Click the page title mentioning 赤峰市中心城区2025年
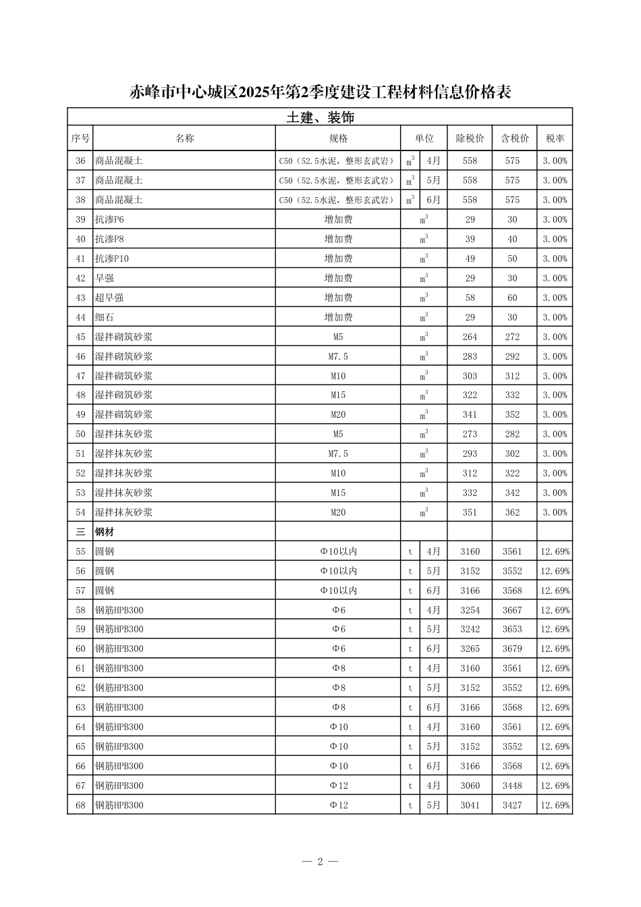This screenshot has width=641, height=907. [x=320, y=92]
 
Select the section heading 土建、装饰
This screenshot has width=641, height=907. [x=320, y=117]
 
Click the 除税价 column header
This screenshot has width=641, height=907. [x=470, y=138]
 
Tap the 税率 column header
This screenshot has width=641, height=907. [x=555, y=138]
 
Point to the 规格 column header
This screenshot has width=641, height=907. [x=338, y=138]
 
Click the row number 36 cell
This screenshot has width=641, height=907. [x=80, y=161]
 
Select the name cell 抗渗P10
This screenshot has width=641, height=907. [x=112, y=258]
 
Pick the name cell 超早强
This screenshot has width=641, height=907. [x=109, y=298]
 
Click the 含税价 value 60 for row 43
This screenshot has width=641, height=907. [x=512, y=298]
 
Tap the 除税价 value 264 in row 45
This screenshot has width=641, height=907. [x=470, y=337]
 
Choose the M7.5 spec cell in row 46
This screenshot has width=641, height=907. [x=338, y=356]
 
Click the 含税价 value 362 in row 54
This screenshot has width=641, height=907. [x=512, y=512]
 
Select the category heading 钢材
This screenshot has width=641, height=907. [x=105, y=532]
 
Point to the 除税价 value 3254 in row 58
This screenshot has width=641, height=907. [x=470, y=610]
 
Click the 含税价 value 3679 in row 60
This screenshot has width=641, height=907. [x=512, y=649]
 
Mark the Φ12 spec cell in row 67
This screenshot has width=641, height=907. [x=338, y=786]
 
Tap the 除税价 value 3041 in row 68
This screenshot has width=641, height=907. [x=470, y=805]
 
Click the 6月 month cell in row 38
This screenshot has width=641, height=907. [x=433, y=200]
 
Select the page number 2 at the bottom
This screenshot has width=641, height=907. [x=320, y=861]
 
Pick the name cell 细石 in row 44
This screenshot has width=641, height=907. [x=105, y=317]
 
